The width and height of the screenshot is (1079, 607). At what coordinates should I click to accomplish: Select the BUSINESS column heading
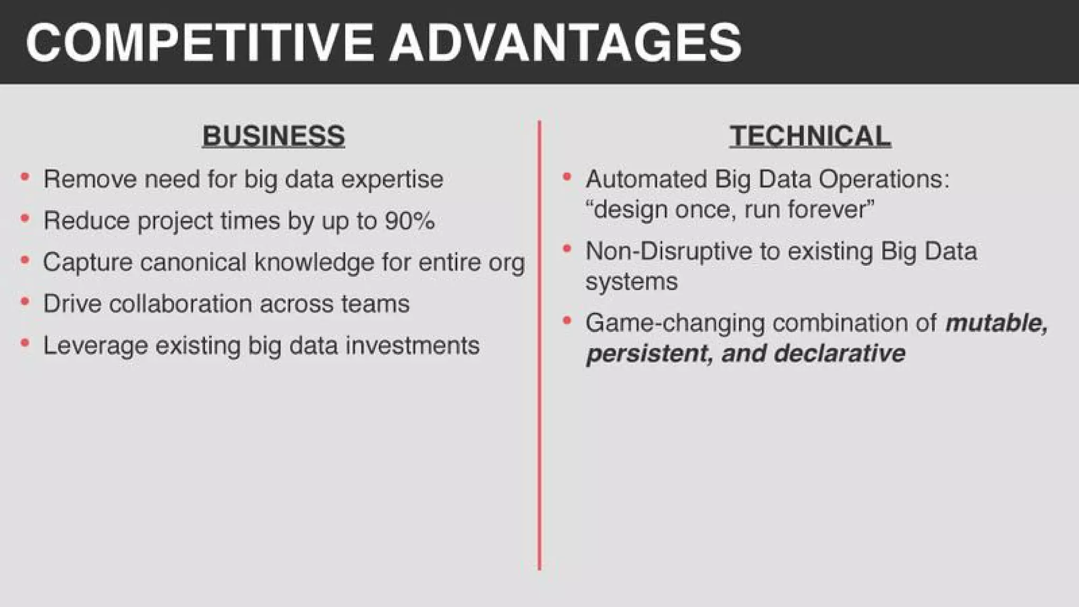(273, 135)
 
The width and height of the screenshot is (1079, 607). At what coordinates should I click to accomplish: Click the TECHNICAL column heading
(810, 135)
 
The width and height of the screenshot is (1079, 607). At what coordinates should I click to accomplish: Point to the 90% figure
(409, 220)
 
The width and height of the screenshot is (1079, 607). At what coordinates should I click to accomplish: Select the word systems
(631, 281)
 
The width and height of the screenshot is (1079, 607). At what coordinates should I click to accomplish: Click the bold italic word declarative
(839, 353)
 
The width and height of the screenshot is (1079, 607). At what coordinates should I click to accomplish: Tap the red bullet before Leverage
(25, 344)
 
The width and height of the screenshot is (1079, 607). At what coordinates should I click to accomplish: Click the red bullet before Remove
(25, 177)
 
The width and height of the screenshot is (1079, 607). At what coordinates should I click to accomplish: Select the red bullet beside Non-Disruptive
(567, 249)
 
